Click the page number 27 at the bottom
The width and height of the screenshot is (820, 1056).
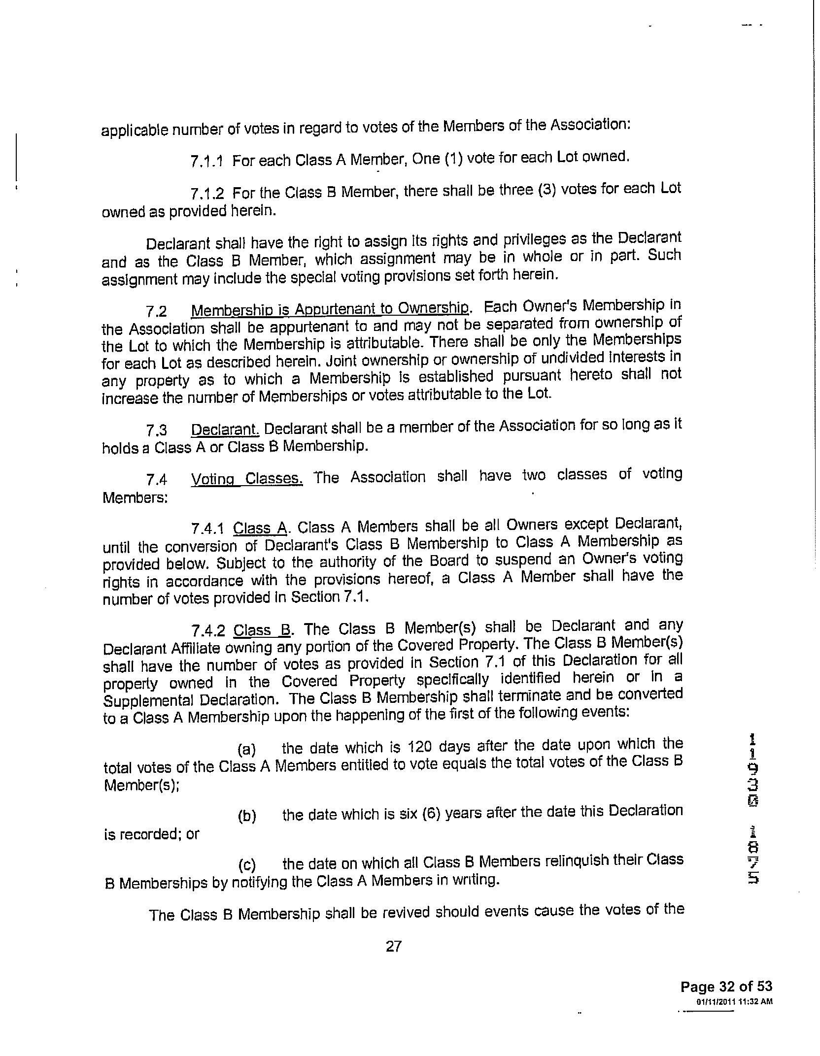pyautogui.click(x=393, y=946)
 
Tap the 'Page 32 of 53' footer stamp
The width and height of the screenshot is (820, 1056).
pyautogui.click(x=726, y=987)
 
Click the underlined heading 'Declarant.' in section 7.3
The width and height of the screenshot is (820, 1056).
pyautogui.click(x=225, y=429)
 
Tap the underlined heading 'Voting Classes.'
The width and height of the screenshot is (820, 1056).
pyautogui.click(x=246, y=479)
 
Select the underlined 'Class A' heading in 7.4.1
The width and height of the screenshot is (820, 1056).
pyautogui.click(x=260, y=528)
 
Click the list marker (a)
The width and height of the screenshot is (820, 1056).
pyautogui.click(x=247, y=750)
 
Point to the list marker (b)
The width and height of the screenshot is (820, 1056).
pyautogui.click(x=247, y=816)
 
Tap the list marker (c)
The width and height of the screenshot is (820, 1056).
pyautogui.click(x=247, y=865)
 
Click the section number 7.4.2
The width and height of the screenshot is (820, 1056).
pyautogui.click(x=207, y=630)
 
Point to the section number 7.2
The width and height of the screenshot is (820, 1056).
pyautogui.click(x=156, y=311)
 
